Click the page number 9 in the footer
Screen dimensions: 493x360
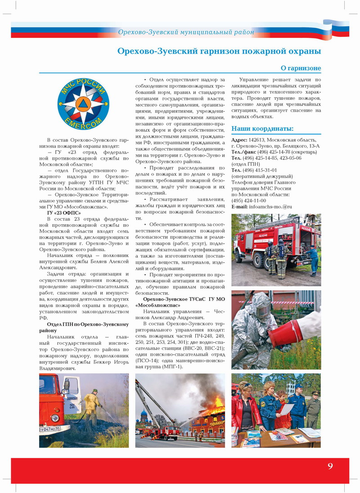330,466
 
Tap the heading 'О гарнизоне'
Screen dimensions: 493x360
301,68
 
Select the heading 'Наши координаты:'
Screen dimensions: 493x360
262,129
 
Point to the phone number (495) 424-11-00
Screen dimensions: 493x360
248,200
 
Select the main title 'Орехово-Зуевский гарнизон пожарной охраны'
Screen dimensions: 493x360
219,51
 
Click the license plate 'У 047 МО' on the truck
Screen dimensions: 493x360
50,429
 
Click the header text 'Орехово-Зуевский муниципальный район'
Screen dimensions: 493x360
186,32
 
